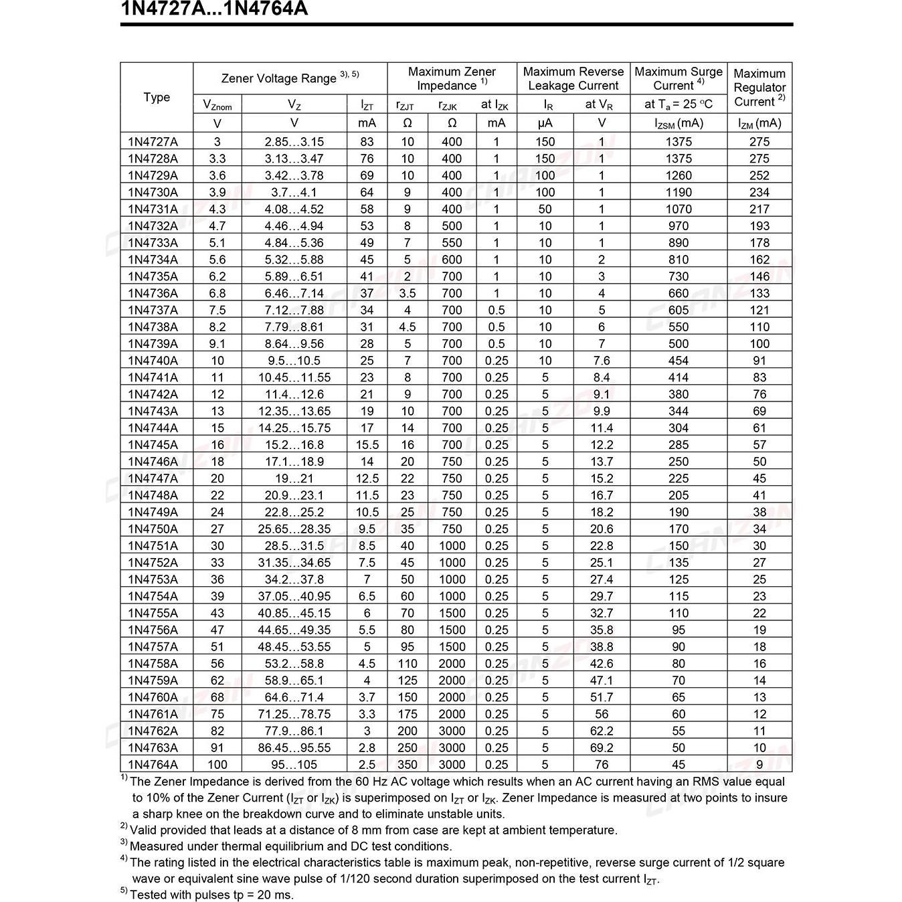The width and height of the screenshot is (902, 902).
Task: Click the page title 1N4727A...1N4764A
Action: click(x=214, y=9)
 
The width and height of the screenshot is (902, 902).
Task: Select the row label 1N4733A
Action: click(x=153, y=243)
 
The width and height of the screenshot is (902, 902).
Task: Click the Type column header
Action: click(x=157, y=97)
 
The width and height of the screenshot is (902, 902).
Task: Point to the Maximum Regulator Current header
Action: click(x=759, y=88)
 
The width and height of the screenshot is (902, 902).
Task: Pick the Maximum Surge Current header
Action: click(x=679, y=78)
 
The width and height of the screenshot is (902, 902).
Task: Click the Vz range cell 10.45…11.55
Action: click(x=294, y=377)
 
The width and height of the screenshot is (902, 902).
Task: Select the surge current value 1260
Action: click(x=679, y=175)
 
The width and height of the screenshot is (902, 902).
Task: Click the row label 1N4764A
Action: click(x=153, y=764)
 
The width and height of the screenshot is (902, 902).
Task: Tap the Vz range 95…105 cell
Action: click(x=294, y=764)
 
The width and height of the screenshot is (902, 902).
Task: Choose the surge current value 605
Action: click(x=679, y=310)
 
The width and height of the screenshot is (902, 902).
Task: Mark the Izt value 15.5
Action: click(x=367, y=445)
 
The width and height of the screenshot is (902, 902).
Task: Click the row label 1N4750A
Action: click(x=153, y=529)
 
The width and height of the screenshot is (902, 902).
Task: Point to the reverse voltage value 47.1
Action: click(x=602, y=680)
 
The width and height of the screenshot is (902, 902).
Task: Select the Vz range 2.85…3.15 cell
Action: click(x=294, y=142)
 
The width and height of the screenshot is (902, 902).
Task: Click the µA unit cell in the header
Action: click(x=545, y=123)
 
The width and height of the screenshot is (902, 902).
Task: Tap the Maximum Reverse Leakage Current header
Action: click(x=573, y=78)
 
